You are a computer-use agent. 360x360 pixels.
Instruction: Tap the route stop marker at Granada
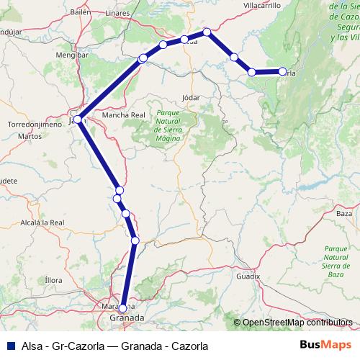(x=123, y=308)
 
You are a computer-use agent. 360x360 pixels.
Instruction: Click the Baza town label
(x=344, y=214)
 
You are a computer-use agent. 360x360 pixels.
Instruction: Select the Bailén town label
(x=81, y=13)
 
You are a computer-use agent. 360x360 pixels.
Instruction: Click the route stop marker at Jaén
(x=77, y=120)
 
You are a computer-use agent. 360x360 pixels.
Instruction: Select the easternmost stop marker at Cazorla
(x=282, y=71)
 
